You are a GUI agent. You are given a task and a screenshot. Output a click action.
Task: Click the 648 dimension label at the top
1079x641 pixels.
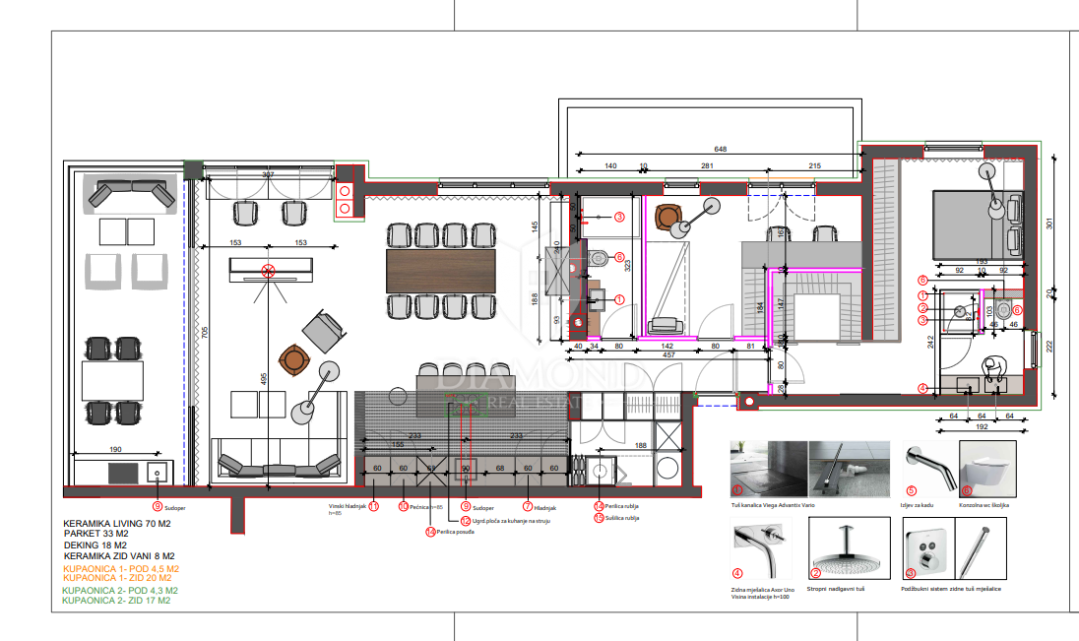pos(721,149)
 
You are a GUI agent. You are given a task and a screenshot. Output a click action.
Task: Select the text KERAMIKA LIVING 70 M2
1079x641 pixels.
pos(116,524)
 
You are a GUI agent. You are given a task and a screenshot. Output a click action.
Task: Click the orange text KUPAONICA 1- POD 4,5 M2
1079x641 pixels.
pos(120,569)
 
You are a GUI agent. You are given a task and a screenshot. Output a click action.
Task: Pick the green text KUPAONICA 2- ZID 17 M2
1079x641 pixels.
pos(115,600)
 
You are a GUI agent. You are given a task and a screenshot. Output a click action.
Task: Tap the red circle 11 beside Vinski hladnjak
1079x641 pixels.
pos(373,506)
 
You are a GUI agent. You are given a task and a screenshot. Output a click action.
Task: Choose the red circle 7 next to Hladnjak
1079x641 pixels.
pos(528,506)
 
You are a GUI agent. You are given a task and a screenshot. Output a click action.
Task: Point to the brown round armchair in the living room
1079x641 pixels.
pos(293,359)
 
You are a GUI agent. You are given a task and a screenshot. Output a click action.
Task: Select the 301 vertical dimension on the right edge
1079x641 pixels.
pos(1048,224)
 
